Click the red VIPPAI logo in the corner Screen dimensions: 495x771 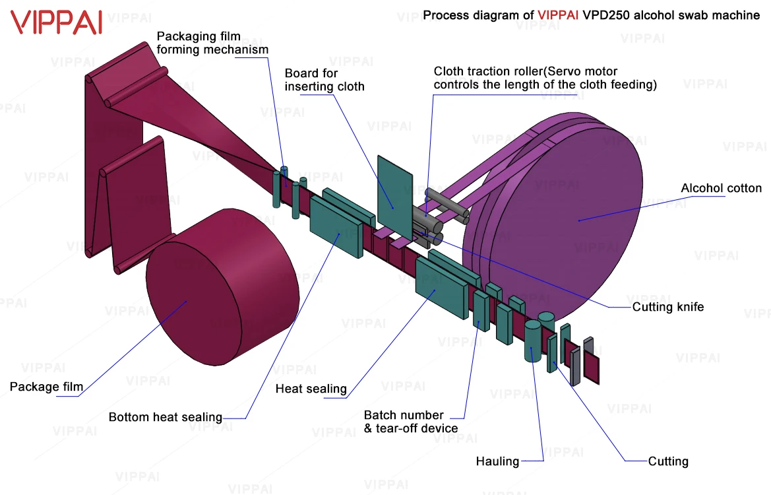coord(57,22)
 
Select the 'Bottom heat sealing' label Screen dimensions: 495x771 coord(165,417)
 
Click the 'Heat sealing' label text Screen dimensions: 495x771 coord(311,389)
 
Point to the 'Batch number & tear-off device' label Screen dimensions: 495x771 coord(410,422)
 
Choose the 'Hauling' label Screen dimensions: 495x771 coord(497,461)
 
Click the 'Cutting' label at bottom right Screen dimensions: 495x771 coord(667,461)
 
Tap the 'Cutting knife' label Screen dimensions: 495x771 coord(667,307)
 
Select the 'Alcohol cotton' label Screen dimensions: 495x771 coord(721,189)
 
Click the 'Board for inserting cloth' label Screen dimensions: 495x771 coord(324,80)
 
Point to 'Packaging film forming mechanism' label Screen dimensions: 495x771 coord(212,43)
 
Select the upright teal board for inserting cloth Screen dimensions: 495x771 coord(394,191)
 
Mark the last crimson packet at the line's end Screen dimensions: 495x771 coord(592,368)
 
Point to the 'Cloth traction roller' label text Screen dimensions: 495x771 coord(488,71)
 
